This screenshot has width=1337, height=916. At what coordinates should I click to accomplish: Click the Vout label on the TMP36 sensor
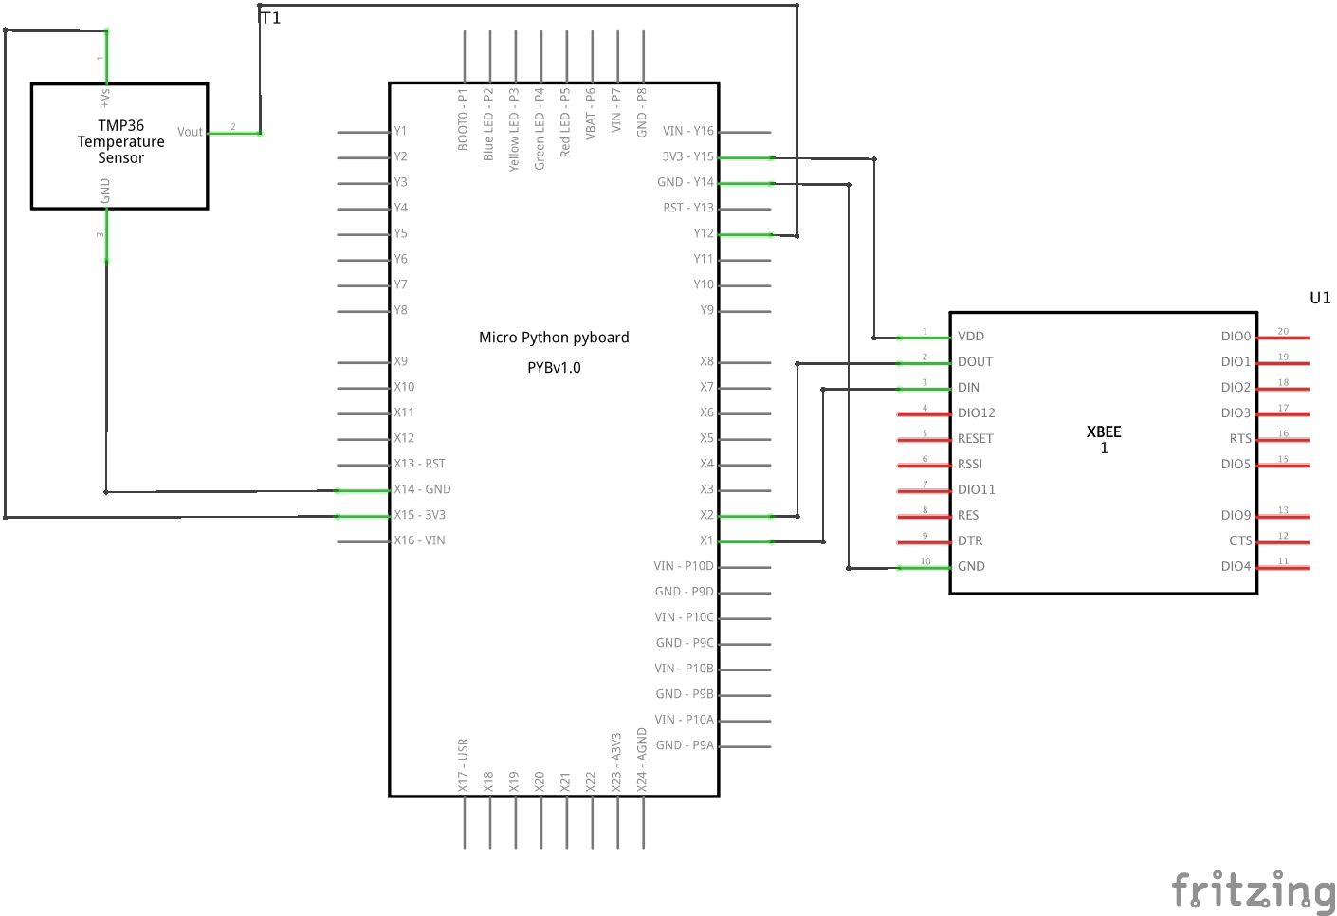(190, 132)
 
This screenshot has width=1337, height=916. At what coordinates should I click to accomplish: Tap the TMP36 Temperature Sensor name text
(121, 142)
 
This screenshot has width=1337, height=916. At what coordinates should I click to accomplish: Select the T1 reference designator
(270, 18)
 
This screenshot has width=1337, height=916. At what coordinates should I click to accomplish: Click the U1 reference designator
(1320, 298)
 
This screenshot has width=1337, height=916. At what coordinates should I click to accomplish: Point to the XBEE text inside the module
(1104, 431)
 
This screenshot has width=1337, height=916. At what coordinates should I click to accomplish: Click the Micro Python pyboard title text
(554, 338)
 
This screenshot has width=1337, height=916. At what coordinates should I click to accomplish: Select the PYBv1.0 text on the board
(554, 368)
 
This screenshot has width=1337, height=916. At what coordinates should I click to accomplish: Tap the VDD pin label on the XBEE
(971, 336)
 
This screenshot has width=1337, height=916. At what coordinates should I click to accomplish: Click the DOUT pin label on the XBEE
(975, 361)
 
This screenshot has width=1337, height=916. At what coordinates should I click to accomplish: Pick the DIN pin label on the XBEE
(968, 387)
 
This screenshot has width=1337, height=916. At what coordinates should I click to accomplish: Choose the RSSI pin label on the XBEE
(969, 464)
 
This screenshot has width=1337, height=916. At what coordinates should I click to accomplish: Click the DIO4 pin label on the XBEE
(1236, 566)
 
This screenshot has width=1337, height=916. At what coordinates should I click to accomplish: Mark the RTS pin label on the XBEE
(1240, 439)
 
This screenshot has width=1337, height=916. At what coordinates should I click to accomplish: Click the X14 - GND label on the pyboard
(422, 489)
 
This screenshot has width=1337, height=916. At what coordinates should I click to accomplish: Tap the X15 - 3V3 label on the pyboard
(419, 514)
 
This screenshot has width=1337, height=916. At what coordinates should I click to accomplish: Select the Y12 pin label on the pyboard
(704, 233)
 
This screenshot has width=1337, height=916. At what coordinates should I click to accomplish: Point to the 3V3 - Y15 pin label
(687, 156)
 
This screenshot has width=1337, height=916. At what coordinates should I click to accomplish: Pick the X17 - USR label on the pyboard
(463, 765)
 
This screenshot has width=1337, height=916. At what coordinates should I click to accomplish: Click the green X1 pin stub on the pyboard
(745, 541)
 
